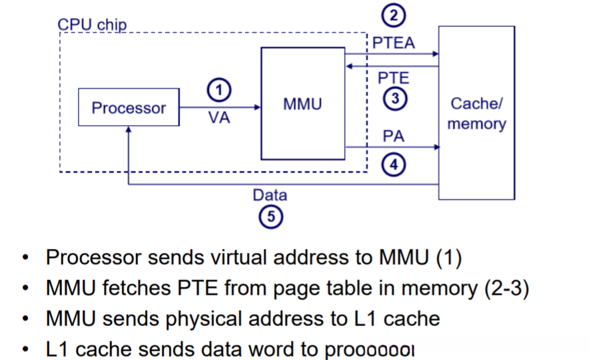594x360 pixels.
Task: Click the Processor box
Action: coord(129,107)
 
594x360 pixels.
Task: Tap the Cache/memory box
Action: coord(476,112)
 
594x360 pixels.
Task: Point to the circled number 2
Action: coord(394,15)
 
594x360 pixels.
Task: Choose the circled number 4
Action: coord(394,164)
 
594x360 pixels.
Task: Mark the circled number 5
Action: coord(270,216)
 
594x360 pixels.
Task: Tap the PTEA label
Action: coord(394,43)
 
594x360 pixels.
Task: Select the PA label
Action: coord(394,136)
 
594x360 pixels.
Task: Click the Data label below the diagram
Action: coord(270,195)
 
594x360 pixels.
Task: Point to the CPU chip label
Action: coord(93,25)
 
